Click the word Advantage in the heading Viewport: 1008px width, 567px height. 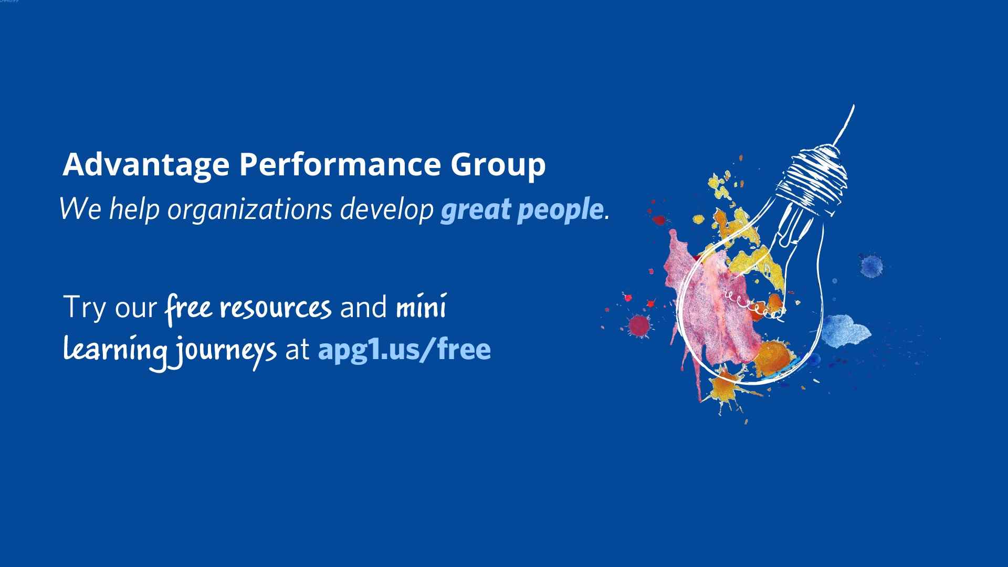tap(146, 165)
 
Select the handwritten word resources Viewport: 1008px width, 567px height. tap(276, 308)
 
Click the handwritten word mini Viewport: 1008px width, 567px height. tap(421, 307)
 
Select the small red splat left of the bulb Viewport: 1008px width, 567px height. tap(638, 325)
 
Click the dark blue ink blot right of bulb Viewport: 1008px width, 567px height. tap(871, 266)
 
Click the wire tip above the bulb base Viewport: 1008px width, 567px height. tap(853, 106)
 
